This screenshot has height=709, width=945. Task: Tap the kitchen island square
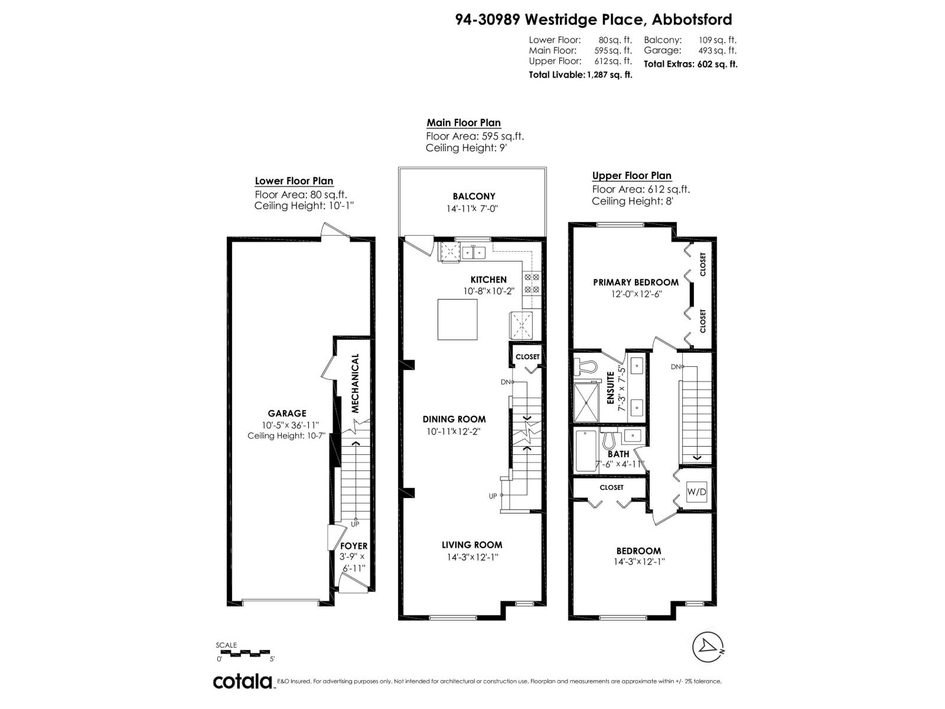457,319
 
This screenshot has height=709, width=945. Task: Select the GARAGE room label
287,414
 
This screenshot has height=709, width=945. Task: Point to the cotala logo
242,681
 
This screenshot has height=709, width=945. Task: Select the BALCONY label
474,196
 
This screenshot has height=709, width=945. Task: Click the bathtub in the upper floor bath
586,450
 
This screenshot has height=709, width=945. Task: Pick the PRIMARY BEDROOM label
636,282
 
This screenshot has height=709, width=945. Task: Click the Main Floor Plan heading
464,123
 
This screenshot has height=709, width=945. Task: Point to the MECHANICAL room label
356,383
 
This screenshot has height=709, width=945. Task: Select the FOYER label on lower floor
353,546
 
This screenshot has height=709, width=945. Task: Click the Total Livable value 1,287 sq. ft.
608,75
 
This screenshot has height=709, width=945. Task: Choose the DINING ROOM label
454,419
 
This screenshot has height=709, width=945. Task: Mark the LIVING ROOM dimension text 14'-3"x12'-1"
472,557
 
